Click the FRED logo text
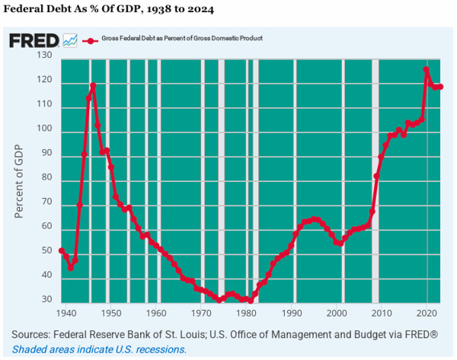tap(34, 40)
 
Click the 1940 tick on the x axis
tap(66, 313)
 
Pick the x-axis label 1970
tap(202, 313)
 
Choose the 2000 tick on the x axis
tap(337, 313)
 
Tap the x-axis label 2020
tap(427, 313)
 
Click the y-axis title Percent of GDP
tap(19, 180)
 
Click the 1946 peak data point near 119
tap(93, 86)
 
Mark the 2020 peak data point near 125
tap(427, 70)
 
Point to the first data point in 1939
tap(62, 250)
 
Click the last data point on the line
tap(440, 87)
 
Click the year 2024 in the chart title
tap(201, 10)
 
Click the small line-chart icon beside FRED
tap(70, 40)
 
